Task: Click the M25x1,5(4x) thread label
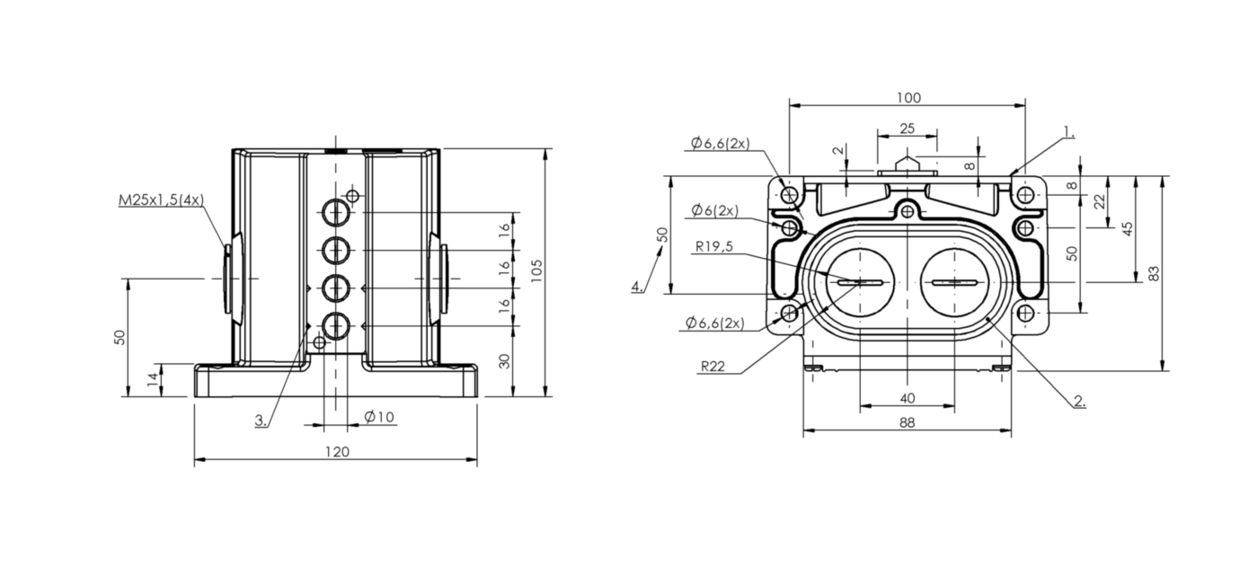point(161,199)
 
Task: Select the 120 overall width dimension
point(336,451)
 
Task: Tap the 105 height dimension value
point(536,271)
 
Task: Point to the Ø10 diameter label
point(379,416)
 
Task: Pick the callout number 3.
point(261,420)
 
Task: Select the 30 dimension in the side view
point(504,360)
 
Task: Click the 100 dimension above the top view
point(908,97)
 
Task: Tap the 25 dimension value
point(907,128)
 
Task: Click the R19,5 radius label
point(713,247)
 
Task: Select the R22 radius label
point(713,366)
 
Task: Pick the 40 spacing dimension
point(907,397)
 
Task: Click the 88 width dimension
point(907,422)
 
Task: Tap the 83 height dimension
point(1155,273)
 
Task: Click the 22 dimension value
point(1099,203)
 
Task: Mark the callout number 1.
point(1067,132)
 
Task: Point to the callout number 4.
point(636,287)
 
